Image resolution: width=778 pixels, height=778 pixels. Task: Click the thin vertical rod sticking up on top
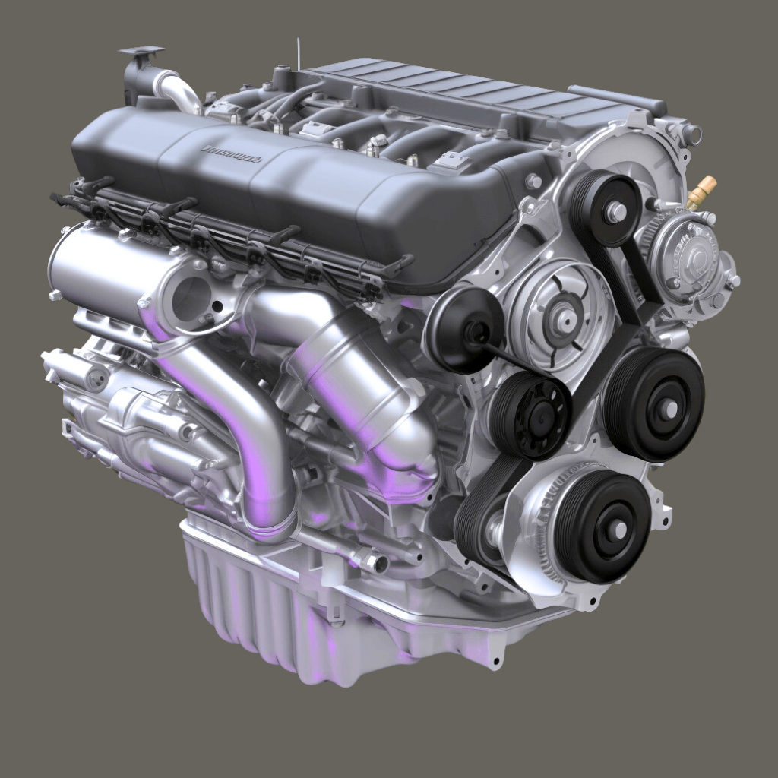click(299, 53)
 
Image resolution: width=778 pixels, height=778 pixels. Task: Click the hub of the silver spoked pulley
click(564, 318)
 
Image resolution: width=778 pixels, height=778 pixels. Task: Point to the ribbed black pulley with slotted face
click(531, 415)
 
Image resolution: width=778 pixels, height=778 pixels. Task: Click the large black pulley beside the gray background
click(655, 404)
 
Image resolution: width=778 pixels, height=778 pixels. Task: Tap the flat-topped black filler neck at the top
click(141, 52)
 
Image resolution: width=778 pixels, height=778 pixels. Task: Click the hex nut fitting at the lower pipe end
click(375, 562)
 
